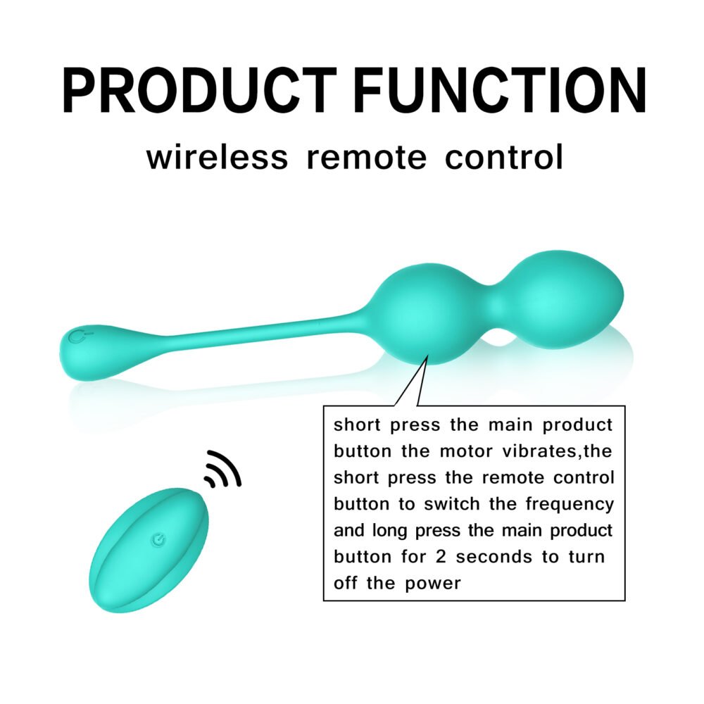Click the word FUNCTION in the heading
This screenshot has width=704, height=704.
click(500, 90)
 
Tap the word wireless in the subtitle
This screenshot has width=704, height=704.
click(218, 157)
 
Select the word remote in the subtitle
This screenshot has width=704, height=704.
click(366, 158)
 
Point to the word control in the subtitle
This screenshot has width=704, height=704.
click(504, 157)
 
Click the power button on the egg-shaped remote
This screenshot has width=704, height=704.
click(158, 539)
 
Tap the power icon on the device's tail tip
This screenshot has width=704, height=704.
click(79, 337)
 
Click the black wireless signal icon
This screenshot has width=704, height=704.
click(222, 470)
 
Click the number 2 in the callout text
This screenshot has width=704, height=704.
click(441, 557)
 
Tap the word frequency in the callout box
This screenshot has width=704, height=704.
click(570, 505)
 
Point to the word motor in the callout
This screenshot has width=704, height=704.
click(466, 451)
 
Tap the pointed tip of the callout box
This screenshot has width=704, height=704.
click(427, 356)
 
